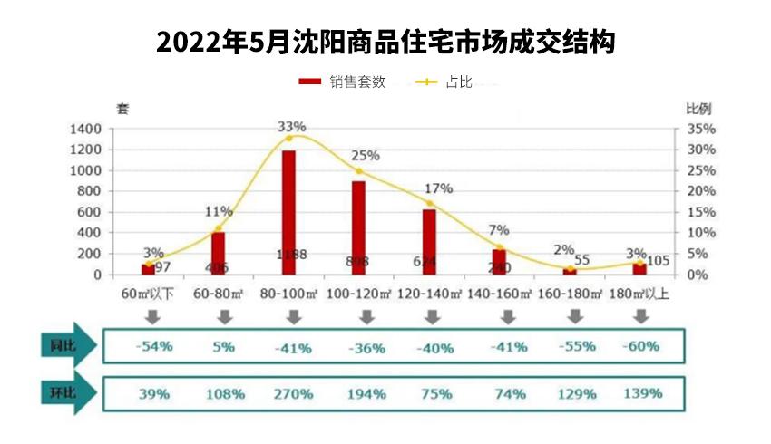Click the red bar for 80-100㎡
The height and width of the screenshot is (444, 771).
288,213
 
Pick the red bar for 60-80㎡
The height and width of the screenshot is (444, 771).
218,254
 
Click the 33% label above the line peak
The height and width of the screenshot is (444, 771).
292,126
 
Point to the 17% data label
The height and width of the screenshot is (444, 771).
438,188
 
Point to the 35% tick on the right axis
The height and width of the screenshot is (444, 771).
702,129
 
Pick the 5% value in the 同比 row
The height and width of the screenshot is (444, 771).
225,346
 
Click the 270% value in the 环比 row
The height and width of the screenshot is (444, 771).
293,394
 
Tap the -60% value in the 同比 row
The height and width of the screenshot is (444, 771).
641,346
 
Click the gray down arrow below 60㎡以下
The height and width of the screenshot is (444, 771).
152,317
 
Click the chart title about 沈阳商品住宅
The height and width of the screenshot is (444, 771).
385,43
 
